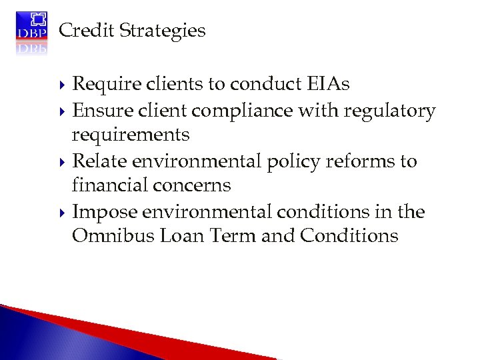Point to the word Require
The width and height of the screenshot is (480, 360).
click(x=102, y=84)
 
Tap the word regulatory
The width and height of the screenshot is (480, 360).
click(x=389, y=111)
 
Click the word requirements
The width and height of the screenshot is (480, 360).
click(x=131, y=135)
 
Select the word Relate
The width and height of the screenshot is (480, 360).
click(x=99, y=161)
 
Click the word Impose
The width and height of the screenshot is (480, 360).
click(x=102, y=212)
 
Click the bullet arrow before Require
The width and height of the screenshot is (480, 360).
click(x=63, y=85)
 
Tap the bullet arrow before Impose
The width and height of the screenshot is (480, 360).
click(x=63, y=213)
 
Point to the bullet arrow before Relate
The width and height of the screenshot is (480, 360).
click(x=63, y=162)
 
